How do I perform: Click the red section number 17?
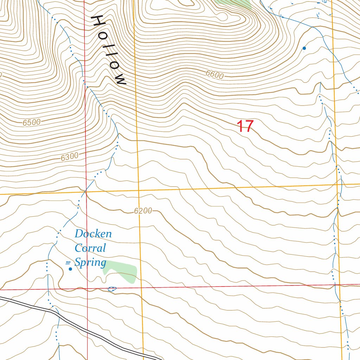[245, 127]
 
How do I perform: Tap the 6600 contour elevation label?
[215, 75]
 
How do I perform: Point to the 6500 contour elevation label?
[32, 122]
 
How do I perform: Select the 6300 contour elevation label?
[69, 157]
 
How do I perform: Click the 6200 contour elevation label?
[143, 211]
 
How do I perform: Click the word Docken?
[93, 234]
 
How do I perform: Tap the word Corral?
[90, 248]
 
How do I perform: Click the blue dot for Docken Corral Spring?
[70, 269]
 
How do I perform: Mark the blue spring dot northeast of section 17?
[304, 48]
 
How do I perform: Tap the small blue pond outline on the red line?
[112, 289]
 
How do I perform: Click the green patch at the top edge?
[234, 3]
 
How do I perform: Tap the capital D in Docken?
[78, 234]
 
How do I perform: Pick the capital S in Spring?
[78, 262]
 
